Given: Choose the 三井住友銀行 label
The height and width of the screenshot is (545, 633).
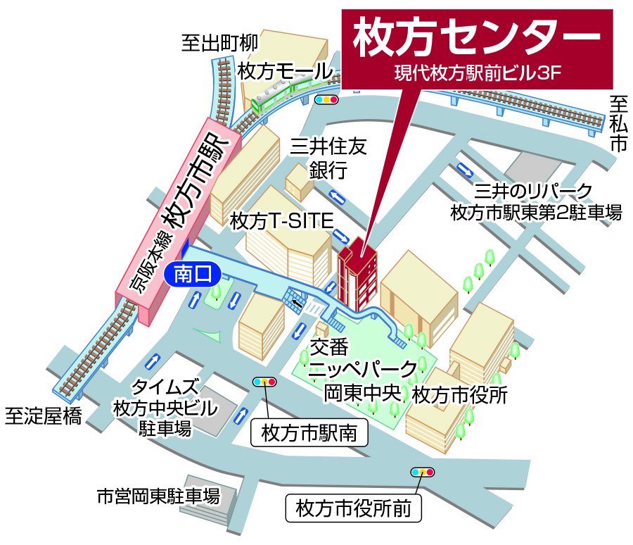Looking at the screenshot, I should (x=328, y=158).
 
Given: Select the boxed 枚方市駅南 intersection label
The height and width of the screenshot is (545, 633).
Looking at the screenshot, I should (x=309, y=433).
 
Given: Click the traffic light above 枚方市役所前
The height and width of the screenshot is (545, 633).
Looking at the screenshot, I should (x=423, y=471).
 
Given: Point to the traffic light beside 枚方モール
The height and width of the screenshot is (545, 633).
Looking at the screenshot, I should (x=326, y=100).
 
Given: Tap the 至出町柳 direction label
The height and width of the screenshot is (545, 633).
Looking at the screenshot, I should (x=219, y=44).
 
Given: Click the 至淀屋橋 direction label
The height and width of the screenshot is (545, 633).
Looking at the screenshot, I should (x=44, y=415).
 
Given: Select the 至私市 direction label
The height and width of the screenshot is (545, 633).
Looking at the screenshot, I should (x=618, y=124).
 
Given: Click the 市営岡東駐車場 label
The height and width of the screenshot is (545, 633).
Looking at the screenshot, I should (x=158, y=496).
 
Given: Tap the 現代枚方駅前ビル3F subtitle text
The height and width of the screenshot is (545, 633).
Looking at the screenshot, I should (x=476, y=73).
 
